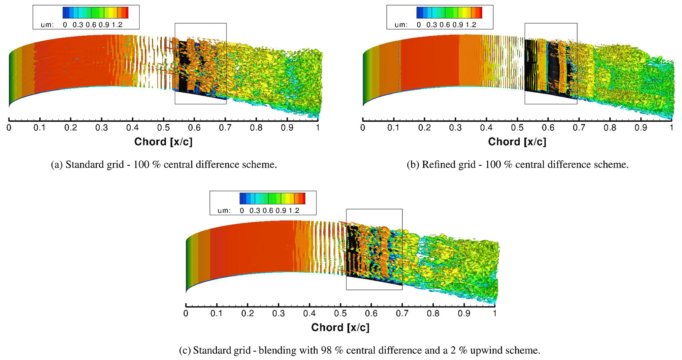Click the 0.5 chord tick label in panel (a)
tap(163, 128)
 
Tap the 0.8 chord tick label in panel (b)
tap(610, 128)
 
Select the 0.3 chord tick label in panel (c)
tap(278, 313)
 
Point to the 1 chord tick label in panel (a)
tap(318, 128)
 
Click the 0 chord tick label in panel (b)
tap(363, 128)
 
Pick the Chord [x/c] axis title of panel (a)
tap(163, 142)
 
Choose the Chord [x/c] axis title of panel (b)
tap(517, 142)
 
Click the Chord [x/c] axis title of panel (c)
tap(340, 328)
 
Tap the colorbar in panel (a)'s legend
tap(95, 13)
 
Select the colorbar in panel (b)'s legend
tap(449, 13)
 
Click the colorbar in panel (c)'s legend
tap(272, 198)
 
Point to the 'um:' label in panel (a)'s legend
tap(47, 25)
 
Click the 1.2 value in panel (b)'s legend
tap(471, 25)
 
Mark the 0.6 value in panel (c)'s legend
tap(268, 211)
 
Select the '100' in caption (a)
tap(141, 165)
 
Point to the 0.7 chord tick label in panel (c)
tap(402, 313)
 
